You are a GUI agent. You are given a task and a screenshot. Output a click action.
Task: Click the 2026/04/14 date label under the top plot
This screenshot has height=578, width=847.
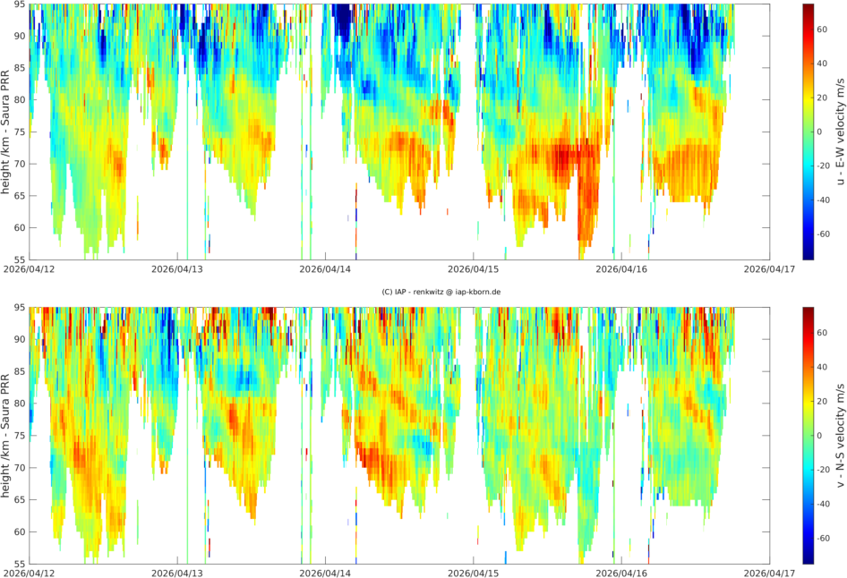tap(325, 268)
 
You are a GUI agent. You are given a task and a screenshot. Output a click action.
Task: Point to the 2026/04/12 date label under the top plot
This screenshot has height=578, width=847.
tap(29, 268)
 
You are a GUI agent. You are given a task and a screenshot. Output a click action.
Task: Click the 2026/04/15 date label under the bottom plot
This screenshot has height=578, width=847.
tap(474, 570)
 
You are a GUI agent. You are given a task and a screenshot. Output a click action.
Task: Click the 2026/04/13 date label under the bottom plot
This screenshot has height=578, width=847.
tap(177, 570)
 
